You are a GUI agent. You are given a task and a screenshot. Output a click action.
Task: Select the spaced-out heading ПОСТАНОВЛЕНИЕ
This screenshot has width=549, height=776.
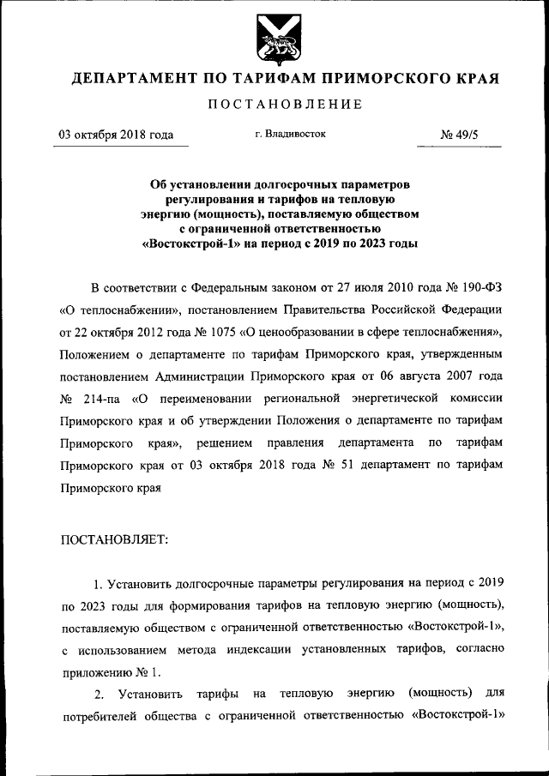coord(274,105)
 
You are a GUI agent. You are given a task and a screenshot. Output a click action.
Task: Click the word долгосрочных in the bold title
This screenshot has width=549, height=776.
coord(292,183)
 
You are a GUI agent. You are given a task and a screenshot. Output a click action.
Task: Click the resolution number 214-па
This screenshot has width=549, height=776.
coord(106,400)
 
